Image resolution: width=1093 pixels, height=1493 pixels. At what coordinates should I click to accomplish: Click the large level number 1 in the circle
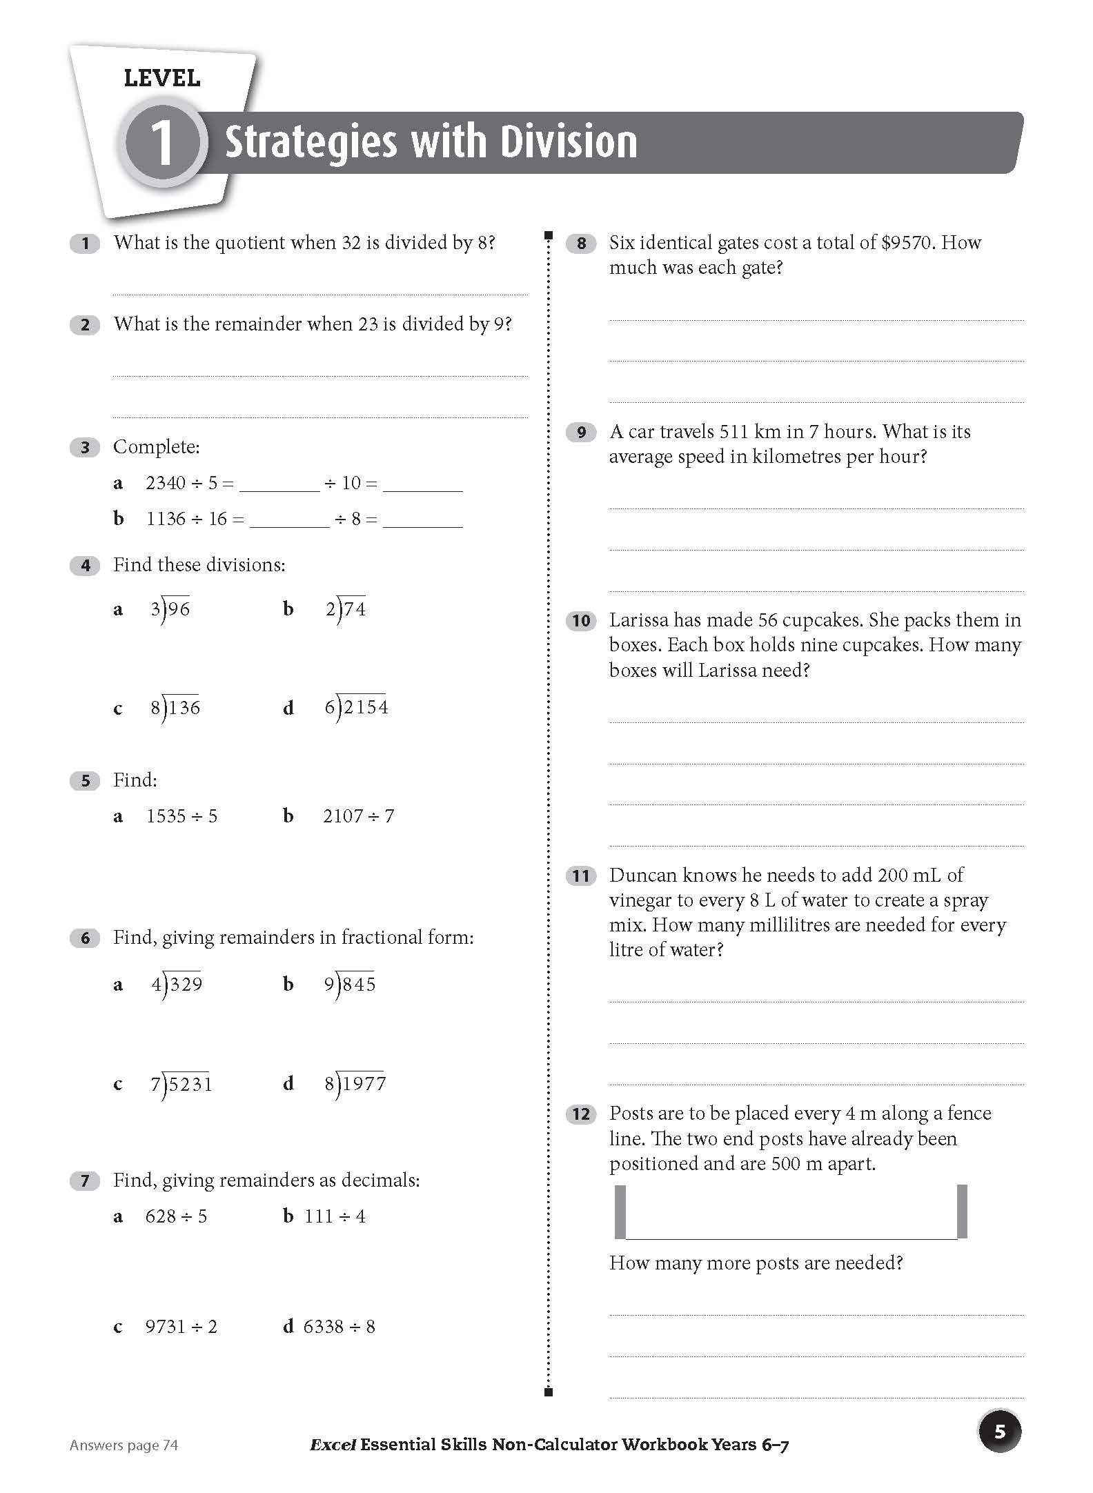coord(162,144)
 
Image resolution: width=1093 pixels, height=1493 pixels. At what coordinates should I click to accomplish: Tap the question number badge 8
coord(581,244)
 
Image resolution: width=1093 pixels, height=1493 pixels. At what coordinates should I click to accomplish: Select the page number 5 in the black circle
coord(999,1432)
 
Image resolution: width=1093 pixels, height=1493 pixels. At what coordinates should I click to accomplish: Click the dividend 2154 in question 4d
coord(366,707)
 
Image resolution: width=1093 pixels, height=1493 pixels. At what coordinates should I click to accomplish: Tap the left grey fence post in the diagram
coord(620,1212)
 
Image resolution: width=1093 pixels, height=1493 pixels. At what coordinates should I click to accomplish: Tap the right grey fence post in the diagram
coord(963,1212)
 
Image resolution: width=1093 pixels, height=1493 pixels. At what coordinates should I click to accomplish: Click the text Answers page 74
coord(124,1445)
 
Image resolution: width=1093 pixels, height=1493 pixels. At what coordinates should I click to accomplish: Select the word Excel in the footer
coord(333,1445)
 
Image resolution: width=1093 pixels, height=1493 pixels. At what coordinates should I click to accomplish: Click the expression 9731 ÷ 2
coord(181,1327)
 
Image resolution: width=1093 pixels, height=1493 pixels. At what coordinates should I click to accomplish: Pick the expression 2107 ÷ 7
coord(358,816)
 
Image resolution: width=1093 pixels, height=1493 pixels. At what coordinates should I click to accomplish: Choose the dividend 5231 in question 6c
coord(190,1085)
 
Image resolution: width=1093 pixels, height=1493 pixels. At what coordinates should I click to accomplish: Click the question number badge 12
coord(581,1115)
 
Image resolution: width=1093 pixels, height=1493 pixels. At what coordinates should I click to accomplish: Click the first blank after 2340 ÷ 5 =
coord(280,484)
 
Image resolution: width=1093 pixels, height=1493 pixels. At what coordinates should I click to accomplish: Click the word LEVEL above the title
coord(162,79)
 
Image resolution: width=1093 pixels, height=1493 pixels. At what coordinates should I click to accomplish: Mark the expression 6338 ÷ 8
coord(339,1327)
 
